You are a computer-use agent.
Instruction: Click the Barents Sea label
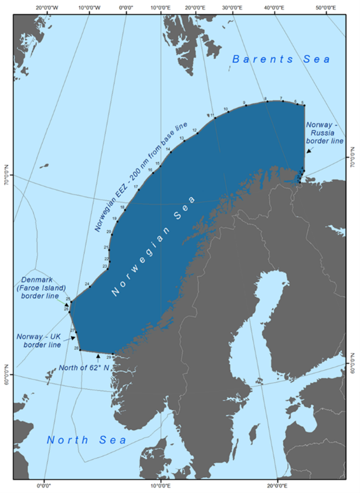281,59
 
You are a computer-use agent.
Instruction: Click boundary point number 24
90,286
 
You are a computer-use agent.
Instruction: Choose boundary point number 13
184,141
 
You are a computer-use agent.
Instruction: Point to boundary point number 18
124,210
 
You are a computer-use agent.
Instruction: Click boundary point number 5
304,105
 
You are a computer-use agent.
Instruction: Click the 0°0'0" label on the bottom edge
45,485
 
